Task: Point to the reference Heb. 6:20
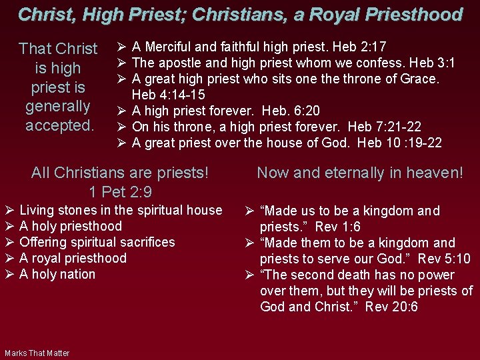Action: pyautogui.click(x=291, y=111)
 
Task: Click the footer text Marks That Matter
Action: pyautogui.click(x=37, y=353)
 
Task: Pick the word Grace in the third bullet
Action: pyautogui.click(x=420, y=79)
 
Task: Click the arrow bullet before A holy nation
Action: pyautogui.click(x=10, y=274)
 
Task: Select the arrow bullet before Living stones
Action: pyautogui.click(x=10, y=210)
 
